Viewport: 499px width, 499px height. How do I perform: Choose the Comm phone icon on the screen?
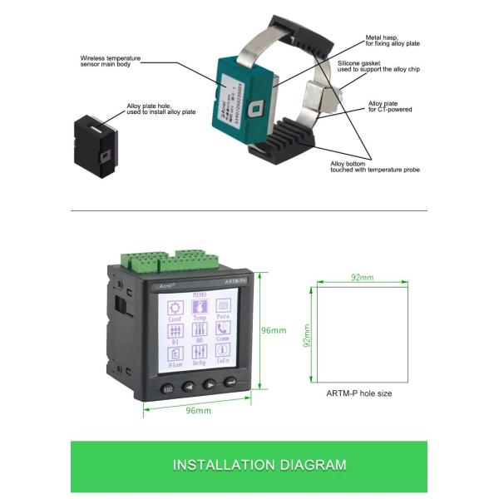click(224, 329)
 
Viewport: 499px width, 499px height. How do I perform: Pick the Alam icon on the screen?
click(175, 353)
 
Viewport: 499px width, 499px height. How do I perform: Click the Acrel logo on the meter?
click(165, 284)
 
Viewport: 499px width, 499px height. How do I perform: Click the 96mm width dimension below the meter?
click(197, 410)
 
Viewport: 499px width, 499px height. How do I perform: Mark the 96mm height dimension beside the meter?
click(274, 330)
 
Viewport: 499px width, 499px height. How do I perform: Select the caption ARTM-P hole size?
click(359, 393)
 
